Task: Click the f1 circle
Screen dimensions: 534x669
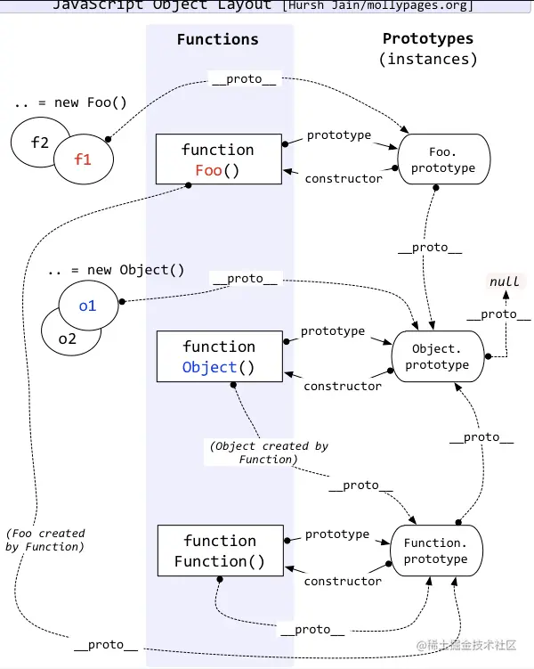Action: pos(84,159)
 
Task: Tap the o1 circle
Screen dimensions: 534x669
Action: pos(88,306)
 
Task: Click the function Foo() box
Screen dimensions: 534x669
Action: pos(219,159)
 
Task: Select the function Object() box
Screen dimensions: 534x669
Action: pos(220,356)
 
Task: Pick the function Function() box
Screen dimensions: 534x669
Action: pos(221,551)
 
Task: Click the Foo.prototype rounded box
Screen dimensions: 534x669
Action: pos(443,159)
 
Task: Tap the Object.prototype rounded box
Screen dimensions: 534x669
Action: pos(438,356)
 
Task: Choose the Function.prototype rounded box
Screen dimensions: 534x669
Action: pos(436,551)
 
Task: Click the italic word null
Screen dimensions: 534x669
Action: pos(505,281)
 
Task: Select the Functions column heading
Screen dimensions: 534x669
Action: pos(218,39)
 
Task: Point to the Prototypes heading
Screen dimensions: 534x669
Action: pos(428,38)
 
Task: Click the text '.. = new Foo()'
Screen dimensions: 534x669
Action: pos(70,102)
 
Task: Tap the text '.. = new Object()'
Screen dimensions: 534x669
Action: pos(116,270)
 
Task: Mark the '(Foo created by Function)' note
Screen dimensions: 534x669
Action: pos(45,540)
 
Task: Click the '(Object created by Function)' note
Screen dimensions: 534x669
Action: pos(269,453)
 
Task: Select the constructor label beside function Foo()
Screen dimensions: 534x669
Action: pos(344,178)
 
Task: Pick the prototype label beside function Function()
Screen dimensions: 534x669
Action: pos(337,534)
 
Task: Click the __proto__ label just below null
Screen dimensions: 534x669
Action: pos(498,314)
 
